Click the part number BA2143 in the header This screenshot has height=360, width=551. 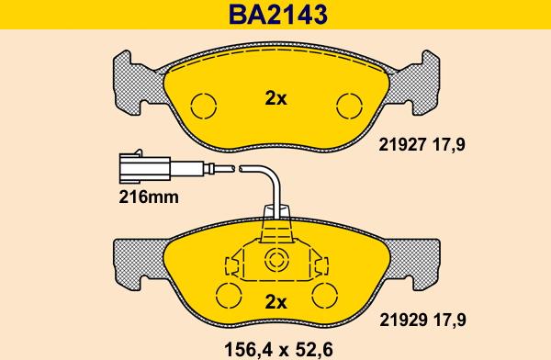point(278,15)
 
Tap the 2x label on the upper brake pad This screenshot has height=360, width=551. point(275,99)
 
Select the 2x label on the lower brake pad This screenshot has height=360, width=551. point(275,302)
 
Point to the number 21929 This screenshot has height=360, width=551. point(403,320)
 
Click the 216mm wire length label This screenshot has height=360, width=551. point(149,197)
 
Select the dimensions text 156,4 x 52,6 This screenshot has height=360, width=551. point(278,350)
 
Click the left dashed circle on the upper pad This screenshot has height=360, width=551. point(204,106)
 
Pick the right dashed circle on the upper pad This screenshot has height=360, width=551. point(349,106)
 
